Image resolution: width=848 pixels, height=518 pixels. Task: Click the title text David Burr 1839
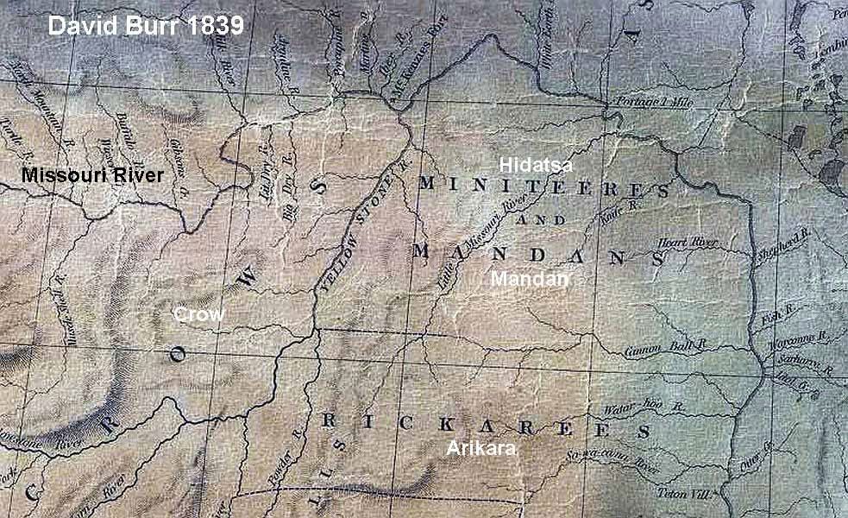pyautogui.click(x=146, y=25)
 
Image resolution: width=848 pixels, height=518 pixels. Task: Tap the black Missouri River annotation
pyautogui.click(x=92, y=175)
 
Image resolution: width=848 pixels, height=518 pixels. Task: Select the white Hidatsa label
pyautogui.click(x=539, y=163)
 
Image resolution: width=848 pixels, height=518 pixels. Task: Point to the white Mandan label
pyautogui.click(x=530, y=279)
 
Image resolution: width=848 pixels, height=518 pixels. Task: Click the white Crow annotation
pyautogui.click(x=198, y=314)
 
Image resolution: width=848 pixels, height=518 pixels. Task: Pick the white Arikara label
pyautogui.click(x=481, y=448)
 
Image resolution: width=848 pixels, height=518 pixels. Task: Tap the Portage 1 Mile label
pyautogui.click(x=656, y=102)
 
